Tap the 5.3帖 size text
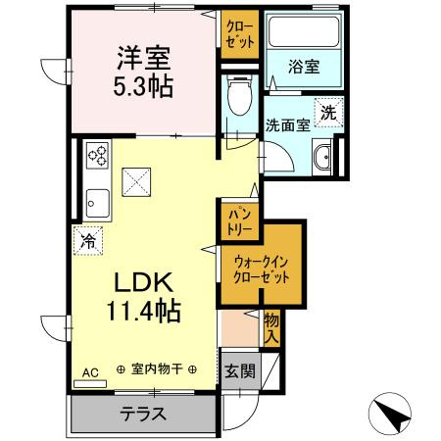(x=143, y=86)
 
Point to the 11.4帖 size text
(x=143, y=312)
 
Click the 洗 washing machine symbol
(x=328, y=113)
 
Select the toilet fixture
(x=235, y=96)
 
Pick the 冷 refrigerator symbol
(x=88, y=239)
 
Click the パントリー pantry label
(x=239, y=219)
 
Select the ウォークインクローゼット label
(x=262, y=269)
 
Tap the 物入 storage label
(x=271, y=327)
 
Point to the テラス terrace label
(x=142, y=413)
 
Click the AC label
(x=89, y=371)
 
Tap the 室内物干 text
(x=157, y=369)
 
